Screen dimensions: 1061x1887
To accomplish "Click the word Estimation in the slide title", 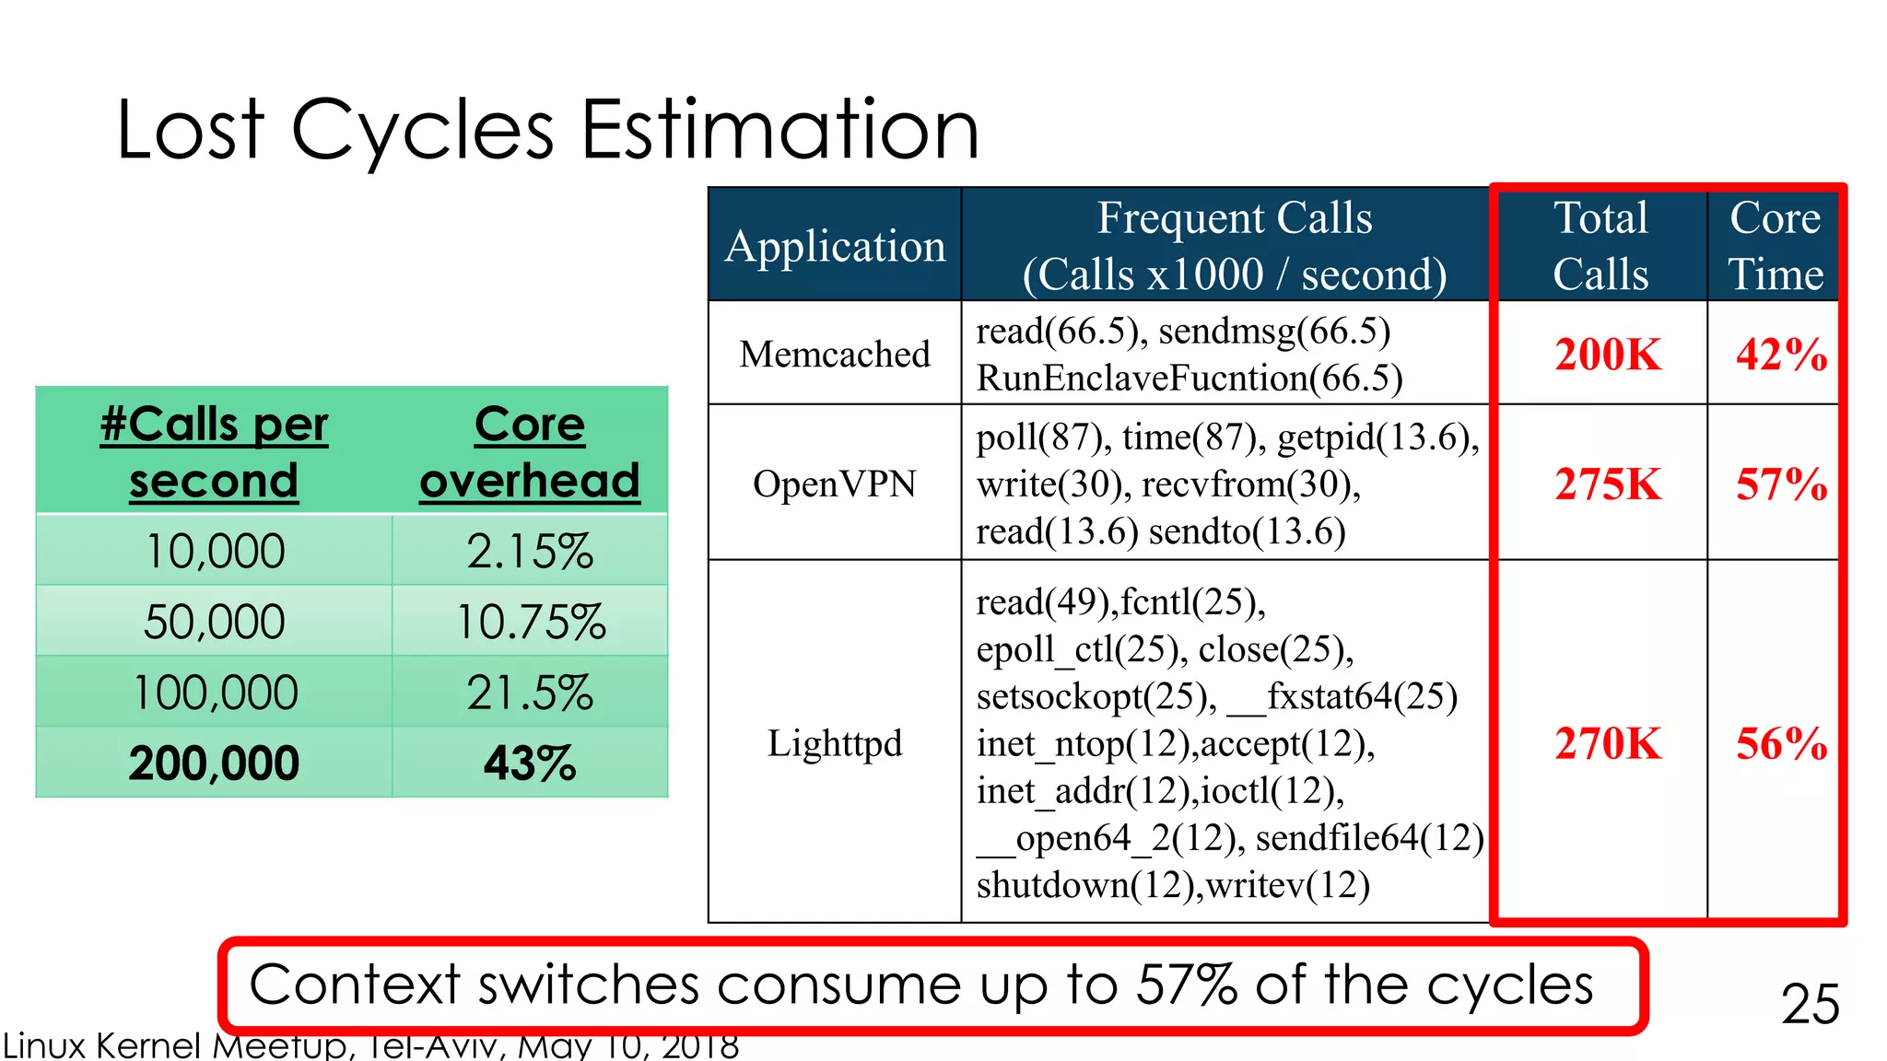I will pyautogui.click(x=779, y=130).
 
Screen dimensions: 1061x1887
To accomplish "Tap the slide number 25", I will pyautogui.click(x=1810, y=1003).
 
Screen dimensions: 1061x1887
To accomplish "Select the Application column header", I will pyautogui.click(x=835, y=246).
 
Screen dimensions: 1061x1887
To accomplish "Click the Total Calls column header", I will pyautogui.click(x=1600, y=246).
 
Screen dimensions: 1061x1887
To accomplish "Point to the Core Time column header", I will pyautogui.click(x=1775, y=246).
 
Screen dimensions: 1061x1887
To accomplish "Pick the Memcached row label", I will pyautogui.click(x=835, y=354).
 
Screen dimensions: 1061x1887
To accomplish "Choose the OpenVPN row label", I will pyautogui.click(x=835, y=484).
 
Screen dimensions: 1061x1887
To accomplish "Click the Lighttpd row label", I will pyautogui.click(x=835, y=742).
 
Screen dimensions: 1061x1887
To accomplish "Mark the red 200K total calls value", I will pyautogui.click(x=1608, y=355).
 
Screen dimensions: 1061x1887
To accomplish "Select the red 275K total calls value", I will pyautogui.click(x=1608, y=484).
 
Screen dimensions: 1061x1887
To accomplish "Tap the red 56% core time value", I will pyautogui.click(x=1781, y=743).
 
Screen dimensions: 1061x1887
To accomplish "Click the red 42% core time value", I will pyautogui.click(x=1781, y=355).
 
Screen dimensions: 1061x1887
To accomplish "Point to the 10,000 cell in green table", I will pyautogui.click(x=216, y=551).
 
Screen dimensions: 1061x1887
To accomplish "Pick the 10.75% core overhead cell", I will pyautogui.click(x=531, y=622).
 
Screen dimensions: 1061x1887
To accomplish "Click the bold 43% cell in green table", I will pyautogui.click(x=530, y=764).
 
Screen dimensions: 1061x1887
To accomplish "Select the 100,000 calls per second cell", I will pyautogui.click(x=216, y=693).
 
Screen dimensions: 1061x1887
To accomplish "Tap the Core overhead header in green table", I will pyautogui.click(x=530, y=452).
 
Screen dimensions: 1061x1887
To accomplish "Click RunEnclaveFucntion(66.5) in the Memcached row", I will pyautogui.click(x=1189, y=379).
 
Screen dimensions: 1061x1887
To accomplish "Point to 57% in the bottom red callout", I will pyautogui.click(x=1187, y=985).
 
